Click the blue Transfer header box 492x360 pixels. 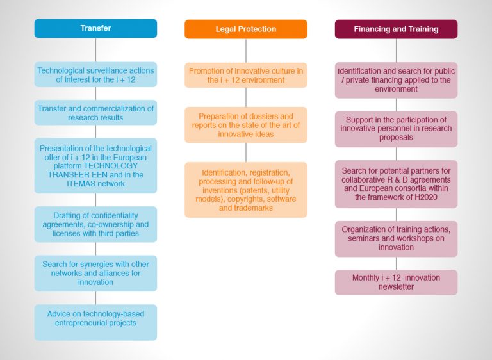click(95, 29)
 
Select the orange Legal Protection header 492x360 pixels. click(246, 29)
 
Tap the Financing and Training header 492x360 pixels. click(396, 29)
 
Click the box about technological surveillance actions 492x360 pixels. click(95, 75)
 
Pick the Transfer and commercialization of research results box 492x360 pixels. click(95, 113)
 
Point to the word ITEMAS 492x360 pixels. click(80, 184)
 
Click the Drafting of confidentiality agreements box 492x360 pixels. click(95, 224)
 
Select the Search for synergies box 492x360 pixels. click(95, 274)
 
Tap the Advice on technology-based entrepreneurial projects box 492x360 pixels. click(95, 322)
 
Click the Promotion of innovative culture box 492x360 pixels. click(246, 76)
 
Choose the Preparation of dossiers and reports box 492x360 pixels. click(246, 125)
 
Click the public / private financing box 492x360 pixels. click(396, 80)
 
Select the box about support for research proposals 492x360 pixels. click(396, 129)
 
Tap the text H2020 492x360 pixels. click(426, 197)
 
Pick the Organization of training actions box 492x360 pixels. click(396, 239)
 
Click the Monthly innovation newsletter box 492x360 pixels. click(396, 282)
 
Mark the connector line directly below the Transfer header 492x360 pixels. click(95, 50)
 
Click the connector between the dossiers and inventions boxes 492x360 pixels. click(246, 152)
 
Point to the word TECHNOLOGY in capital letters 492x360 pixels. click(111, 166)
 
